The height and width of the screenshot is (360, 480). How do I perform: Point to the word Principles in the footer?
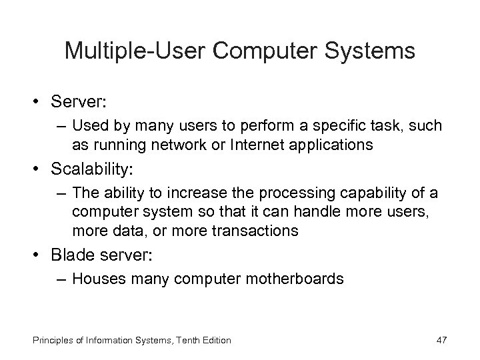click(36, 341)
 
